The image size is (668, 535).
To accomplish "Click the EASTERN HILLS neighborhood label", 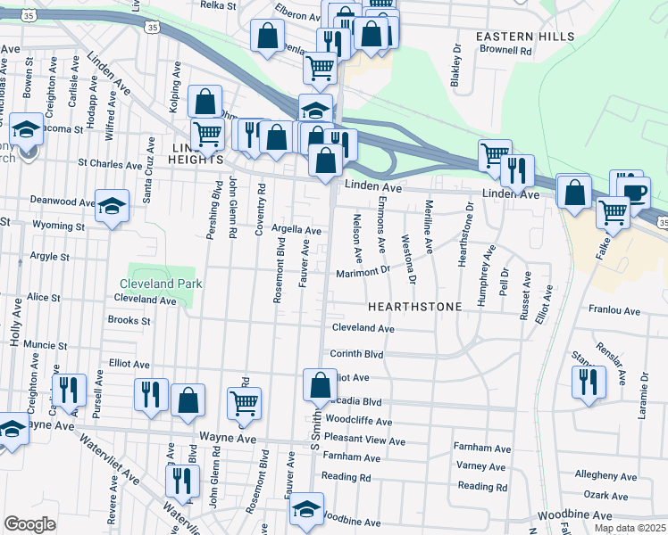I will point(518,36).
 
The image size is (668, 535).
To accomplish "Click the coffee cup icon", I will point(636,193).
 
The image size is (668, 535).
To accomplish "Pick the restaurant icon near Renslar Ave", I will point(588,382).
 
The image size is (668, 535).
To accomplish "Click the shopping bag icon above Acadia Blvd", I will point(320,386).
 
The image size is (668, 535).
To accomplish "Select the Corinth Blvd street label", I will point(356,354).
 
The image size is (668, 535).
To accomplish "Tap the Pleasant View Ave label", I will point(363,441).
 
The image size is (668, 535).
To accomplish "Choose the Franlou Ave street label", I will point(614,311).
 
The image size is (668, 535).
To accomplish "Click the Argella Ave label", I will point(296,230).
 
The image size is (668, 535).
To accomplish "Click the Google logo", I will point(29,524).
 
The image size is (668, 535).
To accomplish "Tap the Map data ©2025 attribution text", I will point(630,529).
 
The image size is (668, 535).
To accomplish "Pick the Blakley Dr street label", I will point(456,61).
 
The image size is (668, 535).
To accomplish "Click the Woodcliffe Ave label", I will point(359,421).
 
